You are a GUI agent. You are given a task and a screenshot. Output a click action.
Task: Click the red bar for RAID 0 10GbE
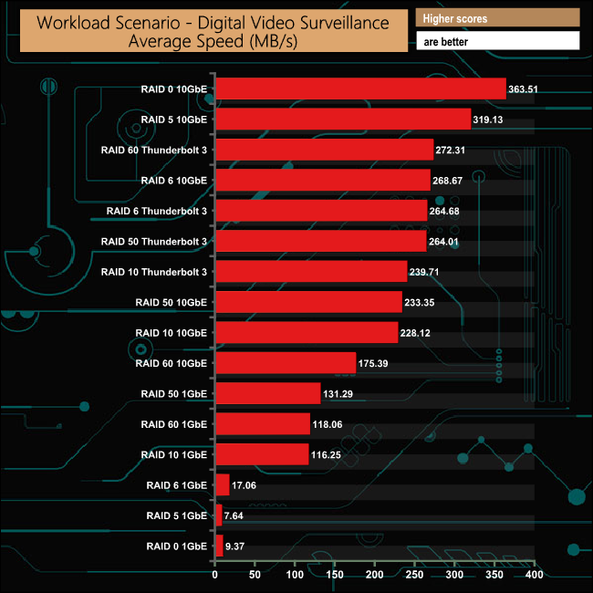pos(360,88)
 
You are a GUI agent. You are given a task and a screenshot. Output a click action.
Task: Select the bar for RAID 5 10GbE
pos(342,119)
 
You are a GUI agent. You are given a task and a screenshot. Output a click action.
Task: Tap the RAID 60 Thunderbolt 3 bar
pos(324,150)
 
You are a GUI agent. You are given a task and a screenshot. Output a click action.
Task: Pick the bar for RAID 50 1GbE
pos(267,393)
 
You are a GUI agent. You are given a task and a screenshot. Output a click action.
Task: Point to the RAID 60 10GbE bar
pos(285,363)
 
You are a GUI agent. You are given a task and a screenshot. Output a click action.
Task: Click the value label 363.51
pos(526,89)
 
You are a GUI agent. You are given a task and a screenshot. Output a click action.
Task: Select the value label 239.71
pos(427,272)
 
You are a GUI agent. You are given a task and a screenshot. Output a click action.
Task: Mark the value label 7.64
pos(236,516)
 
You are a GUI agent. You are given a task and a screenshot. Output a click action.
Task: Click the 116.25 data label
pos(329,455)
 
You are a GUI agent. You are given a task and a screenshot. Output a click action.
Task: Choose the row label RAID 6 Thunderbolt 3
pos(154,211)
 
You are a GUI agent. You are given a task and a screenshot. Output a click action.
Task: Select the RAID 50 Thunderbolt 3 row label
pos(154,242)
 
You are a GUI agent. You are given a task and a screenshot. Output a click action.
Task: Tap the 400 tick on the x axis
pos(535,576)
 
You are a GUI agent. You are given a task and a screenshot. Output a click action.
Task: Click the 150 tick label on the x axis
pos(335,576)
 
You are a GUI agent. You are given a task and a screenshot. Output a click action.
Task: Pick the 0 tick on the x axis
pos(215,576)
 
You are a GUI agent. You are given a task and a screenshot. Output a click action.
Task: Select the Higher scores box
pos(497,18)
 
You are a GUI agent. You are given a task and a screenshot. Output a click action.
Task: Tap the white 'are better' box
pos(497,40)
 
